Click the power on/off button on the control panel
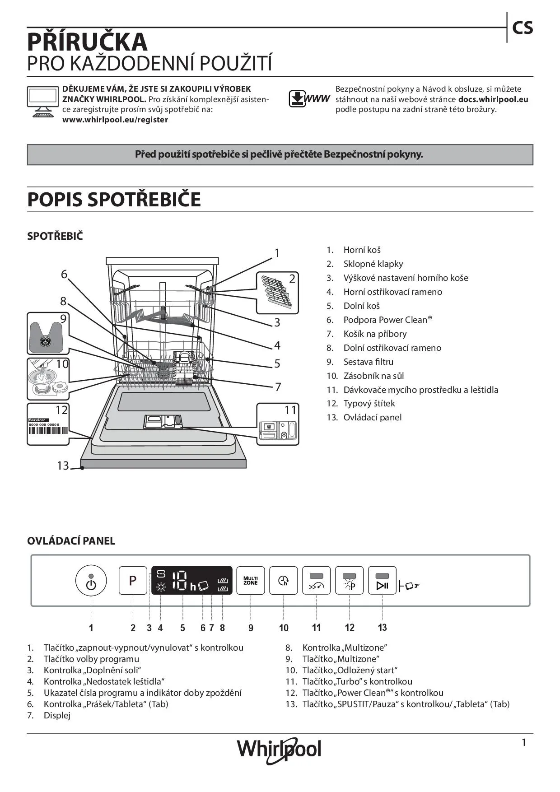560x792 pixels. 91,581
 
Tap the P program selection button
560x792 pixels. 133,580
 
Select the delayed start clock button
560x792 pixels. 283,580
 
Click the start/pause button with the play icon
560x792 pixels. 382,581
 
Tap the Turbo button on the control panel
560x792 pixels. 316,581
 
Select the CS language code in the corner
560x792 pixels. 523,28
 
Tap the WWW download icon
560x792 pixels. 309,99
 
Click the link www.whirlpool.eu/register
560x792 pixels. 115,120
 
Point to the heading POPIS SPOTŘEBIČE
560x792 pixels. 114,200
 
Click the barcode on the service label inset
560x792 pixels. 48,430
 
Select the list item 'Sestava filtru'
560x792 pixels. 368,362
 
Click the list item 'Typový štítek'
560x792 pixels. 369,403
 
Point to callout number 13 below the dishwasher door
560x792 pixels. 63,465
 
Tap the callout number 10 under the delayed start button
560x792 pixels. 284,628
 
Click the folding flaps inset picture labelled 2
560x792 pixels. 277,292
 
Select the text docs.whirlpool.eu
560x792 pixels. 493,99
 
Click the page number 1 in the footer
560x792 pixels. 524,742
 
